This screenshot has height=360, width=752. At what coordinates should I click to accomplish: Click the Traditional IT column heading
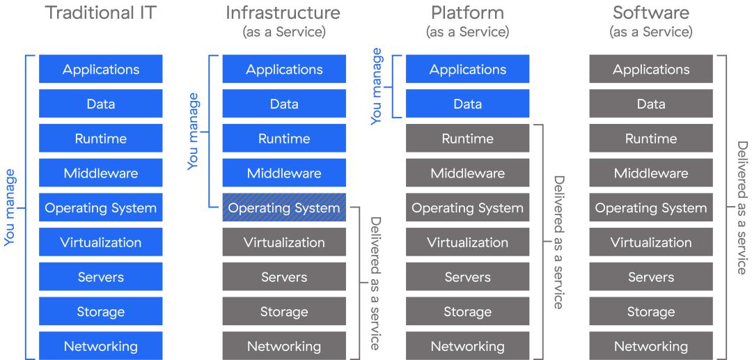pyautogui.click(x=100, y=13)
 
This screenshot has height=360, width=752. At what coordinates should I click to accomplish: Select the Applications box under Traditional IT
pyautogui.click(x=101, y=69)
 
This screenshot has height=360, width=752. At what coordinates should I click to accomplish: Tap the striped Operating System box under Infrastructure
pyautogui.click(x=284, y=208)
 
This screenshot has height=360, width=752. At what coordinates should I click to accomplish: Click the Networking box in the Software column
pyautogui.click(x=651, y=346)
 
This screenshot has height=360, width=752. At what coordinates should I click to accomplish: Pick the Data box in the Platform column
pyautogui.click(x=467, y=104)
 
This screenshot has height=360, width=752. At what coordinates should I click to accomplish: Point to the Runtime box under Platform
pyautogui.click(x=467, y=139)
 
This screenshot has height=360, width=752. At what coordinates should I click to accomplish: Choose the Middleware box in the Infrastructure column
pyautogui.click(x=284, y=173)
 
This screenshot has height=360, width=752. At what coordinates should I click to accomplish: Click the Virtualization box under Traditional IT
pyautogui.click(x=101, y=242)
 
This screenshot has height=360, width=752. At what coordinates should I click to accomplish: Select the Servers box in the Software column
pyautogui.click(x=651, y=277)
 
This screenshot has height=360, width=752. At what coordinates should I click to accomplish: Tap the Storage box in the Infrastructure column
pyautogui.click(x=284, y=311)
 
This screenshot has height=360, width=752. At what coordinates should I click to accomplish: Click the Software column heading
pyautogui.click(x=651, y=13)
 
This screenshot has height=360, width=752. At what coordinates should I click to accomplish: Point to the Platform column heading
pyautogui.click(x=467, y=13)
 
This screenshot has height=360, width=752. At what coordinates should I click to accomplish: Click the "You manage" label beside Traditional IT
pyautogui.click(x=10, y=207)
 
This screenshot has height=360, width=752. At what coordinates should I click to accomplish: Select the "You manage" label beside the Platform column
pyautogui.click(x=376, y=86)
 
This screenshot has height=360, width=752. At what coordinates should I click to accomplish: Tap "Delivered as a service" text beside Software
pyautogui.click(x=742, y=208)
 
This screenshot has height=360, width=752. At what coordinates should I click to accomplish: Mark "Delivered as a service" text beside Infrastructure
pyautogui.click(x=375, y=283)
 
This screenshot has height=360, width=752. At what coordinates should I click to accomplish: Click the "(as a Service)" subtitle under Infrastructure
pyautogui.click(x=283, y=32)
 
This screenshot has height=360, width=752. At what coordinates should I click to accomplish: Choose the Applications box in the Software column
pyautogui.click(x=651, y=69)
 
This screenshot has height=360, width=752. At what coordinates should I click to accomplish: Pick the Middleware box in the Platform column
pyautogui.click(x=467, y=173)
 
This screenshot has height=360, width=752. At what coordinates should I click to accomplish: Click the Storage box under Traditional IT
pyautogui.click(x=101, y=311)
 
